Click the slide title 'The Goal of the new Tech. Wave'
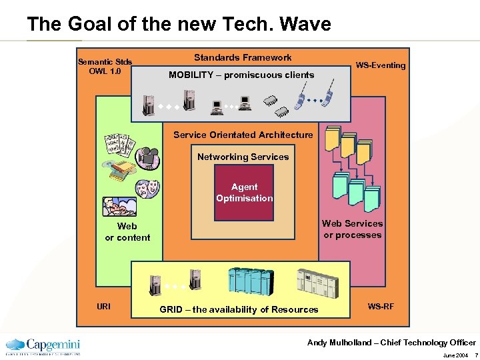[x=179, y=25]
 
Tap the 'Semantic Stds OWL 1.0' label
[x=105, y=67]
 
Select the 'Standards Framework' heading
[x=243, y=58]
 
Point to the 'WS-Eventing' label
[x=380, y=65]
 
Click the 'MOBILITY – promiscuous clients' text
[x=241, y=75]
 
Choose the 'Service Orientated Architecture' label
[x=243, y=135]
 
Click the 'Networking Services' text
[x=243, y=157]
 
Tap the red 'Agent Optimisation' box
[x=244, y=193]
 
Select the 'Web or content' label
[x=127, y=232]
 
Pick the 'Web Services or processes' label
[x=353, y=229]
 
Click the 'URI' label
[x=104, y=307]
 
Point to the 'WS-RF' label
[x=381, y=307]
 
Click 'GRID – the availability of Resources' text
[x=239, y=309]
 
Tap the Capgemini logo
[x=43, y=346]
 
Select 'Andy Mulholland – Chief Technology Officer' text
[x=391, y=343]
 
